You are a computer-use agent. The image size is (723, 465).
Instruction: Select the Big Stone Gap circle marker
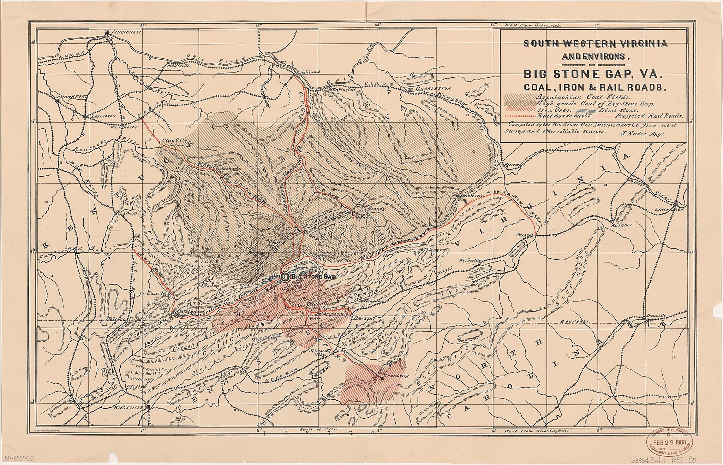click(285, 277)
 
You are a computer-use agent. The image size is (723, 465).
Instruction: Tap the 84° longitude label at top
click(143, 25)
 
